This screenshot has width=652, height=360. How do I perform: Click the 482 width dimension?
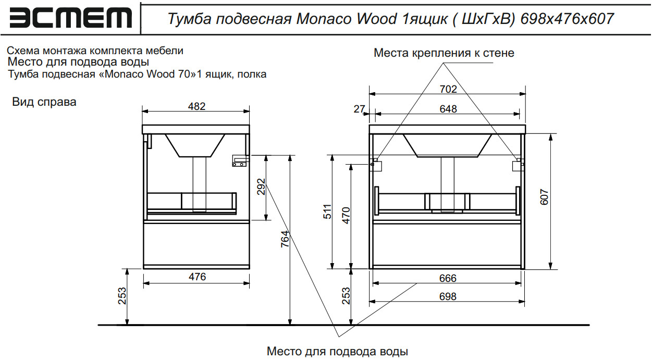(x=196, y=106)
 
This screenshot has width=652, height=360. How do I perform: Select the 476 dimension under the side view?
(x=196, y=277)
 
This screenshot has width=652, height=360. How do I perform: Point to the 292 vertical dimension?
(x=261, y=187)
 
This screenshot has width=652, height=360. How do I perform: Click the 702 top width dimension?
(x=448, y=89)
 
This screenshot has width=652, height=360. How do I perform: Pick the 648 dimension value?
(x=448, y=109)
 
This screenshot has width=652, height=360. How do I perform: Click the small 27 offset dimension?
(x=359, y=109)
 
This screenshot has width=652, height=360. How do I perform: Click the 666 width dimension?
(x=448, y=278)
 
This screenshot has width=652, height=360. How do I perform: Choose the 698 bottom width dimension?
(x=448, y=296)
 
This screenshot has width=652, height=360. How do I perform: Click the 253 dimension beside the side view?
(x=122, y=297)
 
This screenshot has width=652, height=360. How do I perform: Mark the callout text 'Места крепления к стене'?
(x=444, y=53)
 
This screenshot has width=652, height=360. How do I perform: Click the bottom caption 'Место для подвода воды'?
(x=337, y=351)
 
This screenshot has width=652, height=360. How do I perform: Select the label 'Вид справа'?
(x=44, y=102)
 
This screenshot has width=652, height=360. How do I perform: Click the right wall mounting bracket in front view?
(x=518, y=165)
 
